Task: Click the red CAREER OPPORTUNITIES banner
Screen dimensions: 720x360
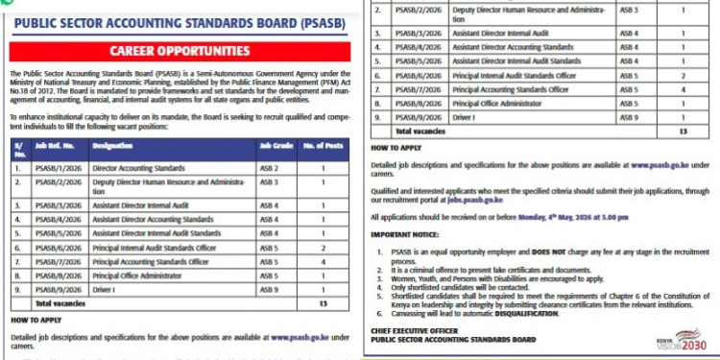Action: (x=180, y=49)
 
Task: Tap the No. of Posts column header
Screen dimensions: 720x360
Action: (x=323, y=147)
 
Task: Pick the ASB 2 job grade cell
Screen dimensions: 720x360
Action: (x=268, y=168)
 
